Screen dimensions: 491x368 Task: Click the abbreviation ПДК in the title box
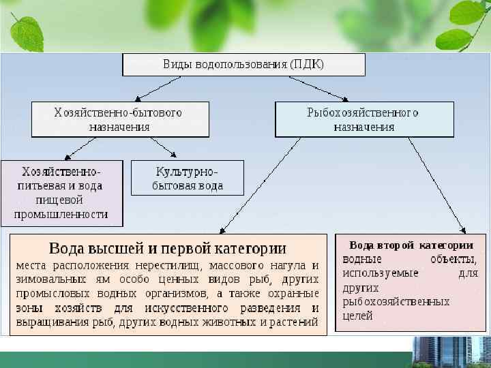(306, 65)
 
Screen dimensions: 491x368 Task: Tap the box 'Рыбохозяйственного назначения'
(363, 119)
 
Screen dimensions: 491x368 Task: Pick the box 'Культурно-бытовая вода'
(188, 178)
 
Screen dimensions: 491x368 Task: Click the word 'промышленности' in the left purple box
(62, 213)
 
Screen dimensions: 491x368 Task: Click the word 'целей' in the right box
(357, 316)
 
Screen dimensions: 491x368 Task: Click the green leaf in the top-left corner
(25, 30)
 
